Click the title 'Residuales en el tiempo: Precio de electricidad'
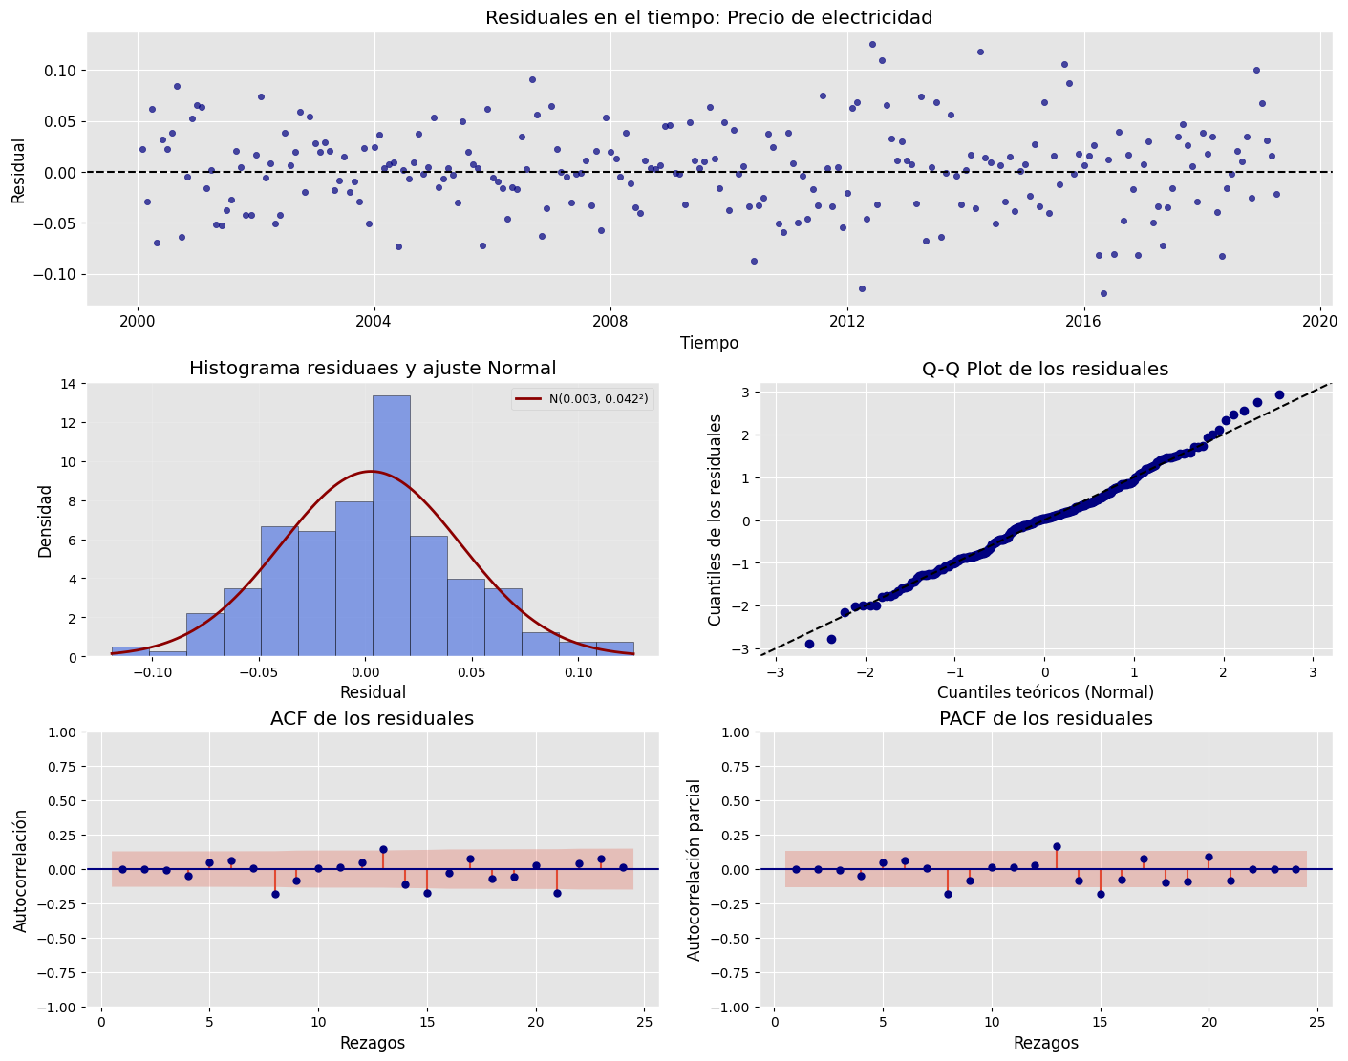click(x=709, y=17)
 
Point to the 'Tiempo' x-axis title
click(x=709, y=343)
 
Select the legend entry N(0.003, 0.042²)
click(x=582, y=400)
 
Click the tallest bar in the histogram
click(x=392, y=525)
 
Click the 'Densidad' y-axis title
click(x=45, y=520)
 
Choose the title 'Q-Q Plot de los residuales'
click(x=1045, y=369)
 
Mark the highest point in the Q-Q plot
click(x=1279, y=394)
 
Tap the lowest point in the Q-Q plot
click(x=809, y=644)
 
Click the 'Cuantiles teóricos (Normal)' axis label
click(x=1045, y=692)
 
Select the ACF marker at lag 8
click(x=275, y=894)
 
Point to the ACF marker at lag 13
click(x=383, y=849)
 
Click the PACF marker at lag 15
click(x=1101, y=894)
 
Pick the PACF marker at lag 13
click(x=1057, y=846)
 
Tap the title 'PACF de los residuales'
click(x=1045, y=718)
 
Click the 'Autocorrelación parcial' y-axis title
click(x=695, y=869)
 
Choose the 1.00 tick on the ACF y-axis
click(x=57, y=732)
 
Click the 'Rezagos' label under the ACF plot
click(x=373, y=1043)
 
